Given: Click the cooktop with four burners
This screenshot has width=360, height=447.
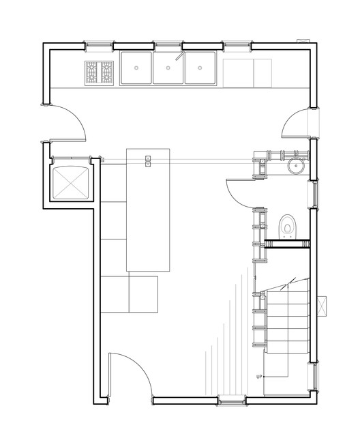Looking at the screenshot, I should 100,72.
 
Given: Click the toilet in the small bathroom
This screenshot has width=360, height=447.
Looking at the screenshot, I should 288,225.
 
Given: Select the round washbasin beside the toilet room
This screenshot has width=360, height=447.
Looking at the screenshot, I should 295,164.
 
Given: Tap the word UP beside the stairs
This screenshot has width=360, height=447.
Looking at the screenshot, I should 259,377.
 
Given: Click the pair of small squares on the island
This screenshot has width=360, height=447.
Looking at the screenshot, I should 148,161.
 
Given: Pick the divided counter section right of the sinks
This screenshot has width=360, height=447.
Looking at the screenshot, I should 247,72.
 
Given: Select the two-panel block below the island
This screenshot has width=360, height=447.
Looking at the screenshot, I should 129,293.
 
